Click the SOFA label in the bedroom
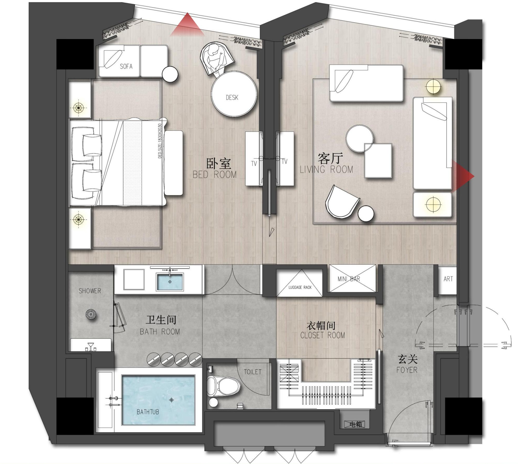coord(126,66)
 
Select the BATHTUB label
coord(148,412)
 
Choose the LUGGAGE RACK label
coord(300,287)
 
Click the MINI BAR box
coord(353,278)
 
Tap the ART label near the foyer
coord(448,279)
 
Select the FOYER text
coord(407,370)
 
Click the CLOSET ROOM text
coord(323,335)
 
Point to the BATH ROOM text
coord(160,332)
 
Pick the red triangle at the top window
coord(187,25)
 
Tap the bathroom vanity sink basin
coord(170,282)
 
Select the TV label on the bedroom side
coord(254,163)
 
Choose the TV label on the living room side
coord(285,162)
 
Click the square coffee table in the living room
coord(378,161)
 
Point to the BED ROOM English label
coord(215,174)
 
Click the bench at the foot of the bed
coord(174,163)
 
